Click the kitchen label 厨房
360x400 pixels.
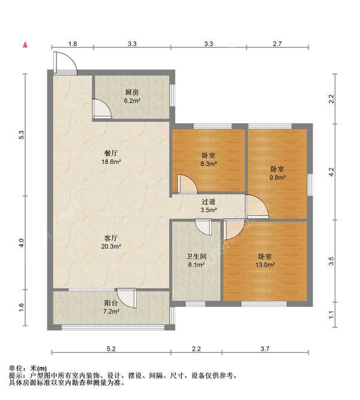pos(132,92)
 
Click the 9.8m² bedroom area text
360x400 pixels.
pos(277,177)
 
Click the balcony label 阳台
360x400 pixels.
pos(110,303)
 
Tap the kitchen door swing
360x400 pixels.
pos(103,109)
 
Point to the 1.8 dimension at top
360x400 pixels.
pos(72,44)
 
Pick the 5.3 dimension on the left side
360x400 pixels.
pos(22,136)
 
